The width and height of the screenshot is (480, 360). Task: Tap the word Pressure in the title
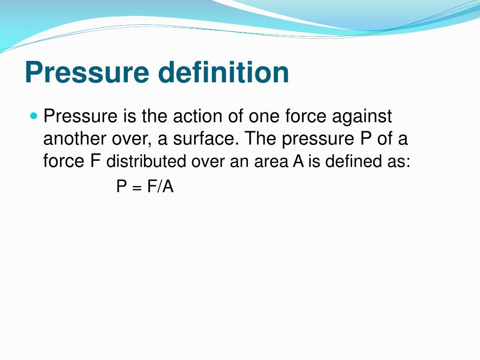(87, 72)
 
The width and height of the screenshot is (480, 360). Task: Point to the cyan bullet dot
(34, 116)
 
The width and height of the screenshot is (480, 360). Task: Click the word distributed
(146, 161)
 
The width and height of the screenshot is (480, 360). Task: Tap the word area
(271, 162)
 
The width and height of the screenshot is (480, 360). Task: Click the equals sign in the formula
(137, 188)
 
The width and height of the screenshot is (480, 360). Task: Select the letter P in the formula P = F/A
(121, 186)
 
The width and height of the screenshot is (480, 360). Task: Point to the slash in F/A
(159, 186)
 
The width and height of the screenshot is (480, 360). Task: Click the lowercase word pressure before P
(318, 140)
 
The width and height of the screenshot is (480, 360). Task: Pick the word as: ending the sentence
(398, 162)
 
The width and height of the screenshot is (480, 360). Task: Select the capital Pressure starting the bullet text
(80, 116)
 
